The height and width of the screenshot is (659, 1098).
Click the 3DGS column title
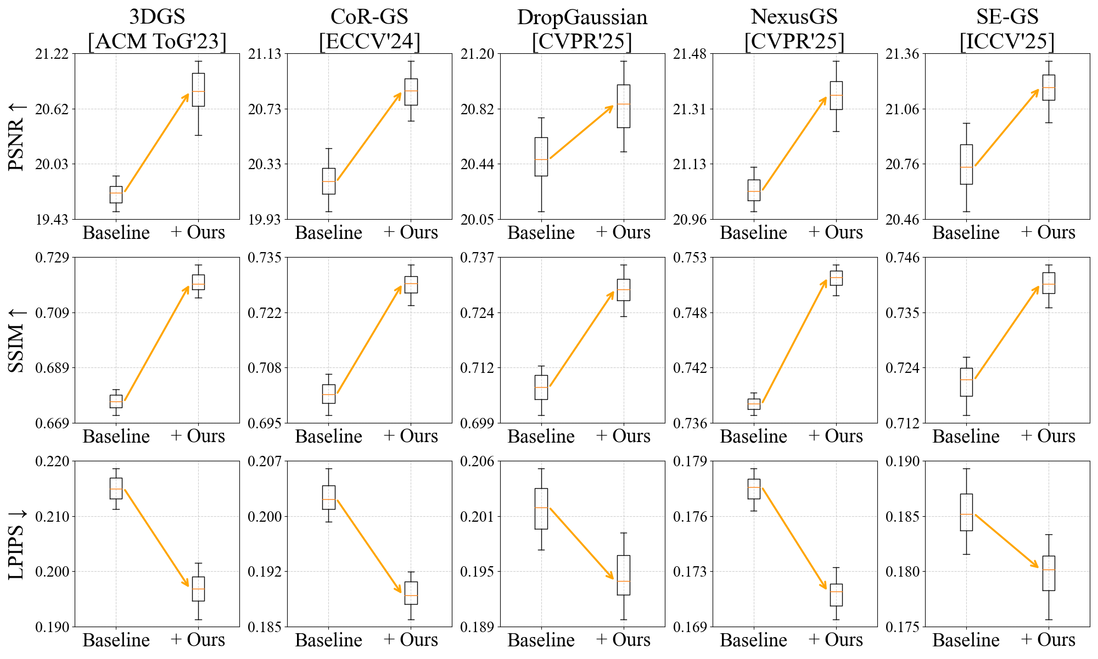click(157, 18)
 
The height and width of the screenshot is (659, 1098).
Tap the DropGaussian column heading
click(582, 18)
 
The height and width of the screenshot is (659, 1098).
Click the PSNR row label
click(17, 136)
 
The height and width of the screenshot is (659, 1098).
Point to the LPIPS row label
click(17, 544)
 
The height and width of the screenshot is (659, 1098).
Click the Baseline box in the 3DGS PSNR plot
click(116, 195)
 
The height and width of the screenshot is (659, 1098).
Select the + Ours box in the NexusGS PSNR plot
click(836, 96)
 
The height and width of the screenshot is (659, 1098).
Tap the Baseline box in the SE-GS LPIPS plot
click(966, 512)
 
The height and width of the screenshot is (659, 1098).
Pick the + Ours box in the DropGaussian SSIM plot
click(623, 290)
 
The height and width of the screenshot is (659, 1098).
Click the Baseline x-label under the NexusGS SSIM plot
click(753, 437)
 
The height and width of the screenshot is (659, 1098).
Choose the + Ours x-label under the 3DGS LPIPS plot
click(198, 640)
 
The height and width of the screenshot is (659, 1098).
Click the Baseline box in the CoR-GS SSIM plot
click(328, 394)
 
